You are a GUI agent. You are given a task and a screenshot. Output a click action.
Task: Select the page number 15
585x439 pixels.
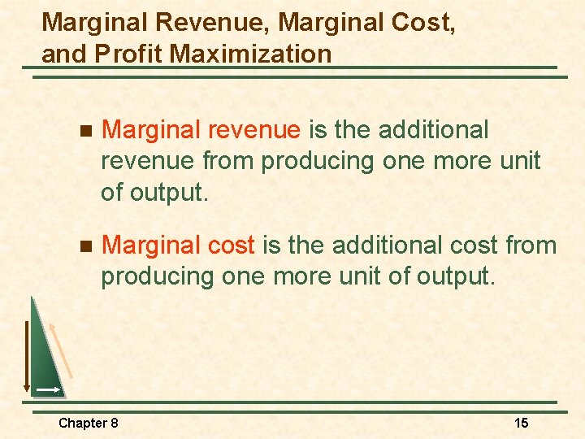pyautogui.click(x=522, y=423)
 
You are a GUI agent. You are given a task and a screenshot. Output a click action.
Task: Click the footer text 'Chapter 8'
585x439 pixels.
pyautogui.click(x=89, y=423)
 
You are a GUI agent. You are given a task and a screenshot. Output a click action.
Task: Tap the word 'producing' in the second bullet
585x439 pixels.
pyautogui.click(x=154, y=276)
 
